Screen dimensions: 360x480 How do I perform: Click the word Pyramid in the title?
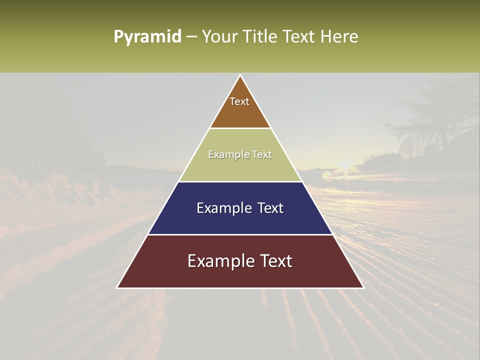(147, 37)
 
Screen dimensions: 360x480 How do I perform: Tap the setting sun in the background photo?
(344, 165)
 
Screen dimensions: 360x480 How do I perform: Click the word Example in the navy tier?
(220, 208)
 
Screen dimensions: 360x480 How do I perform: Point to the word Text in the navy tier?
(268, 208)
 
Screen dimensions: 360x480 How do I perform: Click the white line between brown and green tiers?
(240, 128)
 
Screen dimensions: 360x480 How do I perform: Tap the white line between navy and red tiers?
(240, 234)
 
